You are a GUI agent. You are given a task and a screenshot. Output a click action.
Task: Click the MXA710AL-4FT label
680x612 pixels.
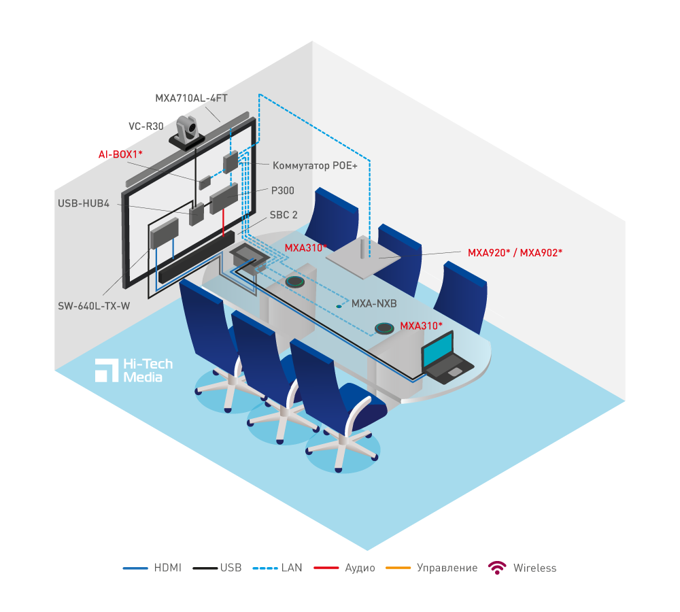191,98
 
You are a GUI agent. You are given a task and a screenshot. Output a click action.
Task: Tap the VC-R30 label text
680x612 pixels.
146,126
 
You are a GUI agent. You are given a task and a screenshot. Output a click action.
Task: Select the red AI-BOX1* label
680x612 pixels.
120,154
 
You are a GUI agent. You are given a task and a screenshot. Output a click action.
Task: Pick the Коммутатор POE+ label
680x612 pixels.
314,165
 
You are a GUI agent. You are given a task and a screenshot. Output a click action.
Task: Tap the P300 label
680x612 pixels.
282,191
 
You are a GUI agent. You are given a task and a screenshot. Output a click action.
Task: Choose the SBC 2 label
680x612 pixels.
284,215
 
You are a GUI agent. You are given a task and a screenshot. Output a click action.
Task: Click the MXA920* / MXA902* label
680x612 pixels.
515,252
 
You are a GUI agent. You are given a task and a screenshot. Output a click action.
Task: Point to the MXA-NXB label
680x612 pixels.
373,304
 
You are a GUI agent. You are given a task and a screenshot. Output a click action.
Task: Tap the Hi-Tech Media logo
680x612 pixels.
134,369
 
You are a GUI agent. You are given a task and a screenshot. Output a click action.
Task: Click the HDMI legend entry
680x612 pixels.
152,568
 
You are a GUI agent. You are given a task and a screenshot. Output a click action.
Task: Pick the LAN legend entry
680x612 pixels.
277,568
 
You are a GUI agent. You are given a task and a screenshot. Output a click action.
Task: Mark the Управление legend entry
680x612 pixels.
431,568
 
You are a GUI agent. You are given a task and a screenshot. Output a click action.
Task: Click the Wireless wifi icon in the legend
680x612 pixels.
498,568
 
